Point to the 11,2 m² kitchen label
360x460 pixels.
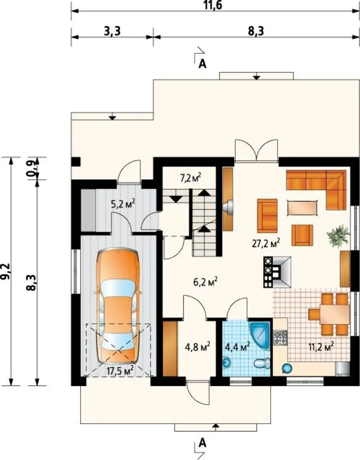(321, 346)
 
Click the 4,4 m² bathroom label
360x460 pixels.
(237, 346)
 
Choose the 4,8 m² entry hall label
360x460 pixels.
(197, 347)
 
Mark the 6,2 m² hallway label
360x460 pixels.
(205, 282)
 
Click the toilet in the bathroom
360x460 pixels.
(262, 364)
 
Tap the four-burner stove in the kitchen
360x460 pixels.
(280, 337)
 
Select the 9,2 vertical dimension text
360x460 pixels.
(6, 271)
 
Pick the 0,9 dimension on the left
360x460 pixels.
(32, 168)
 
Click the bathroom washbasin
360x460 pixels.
(227, 362)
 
